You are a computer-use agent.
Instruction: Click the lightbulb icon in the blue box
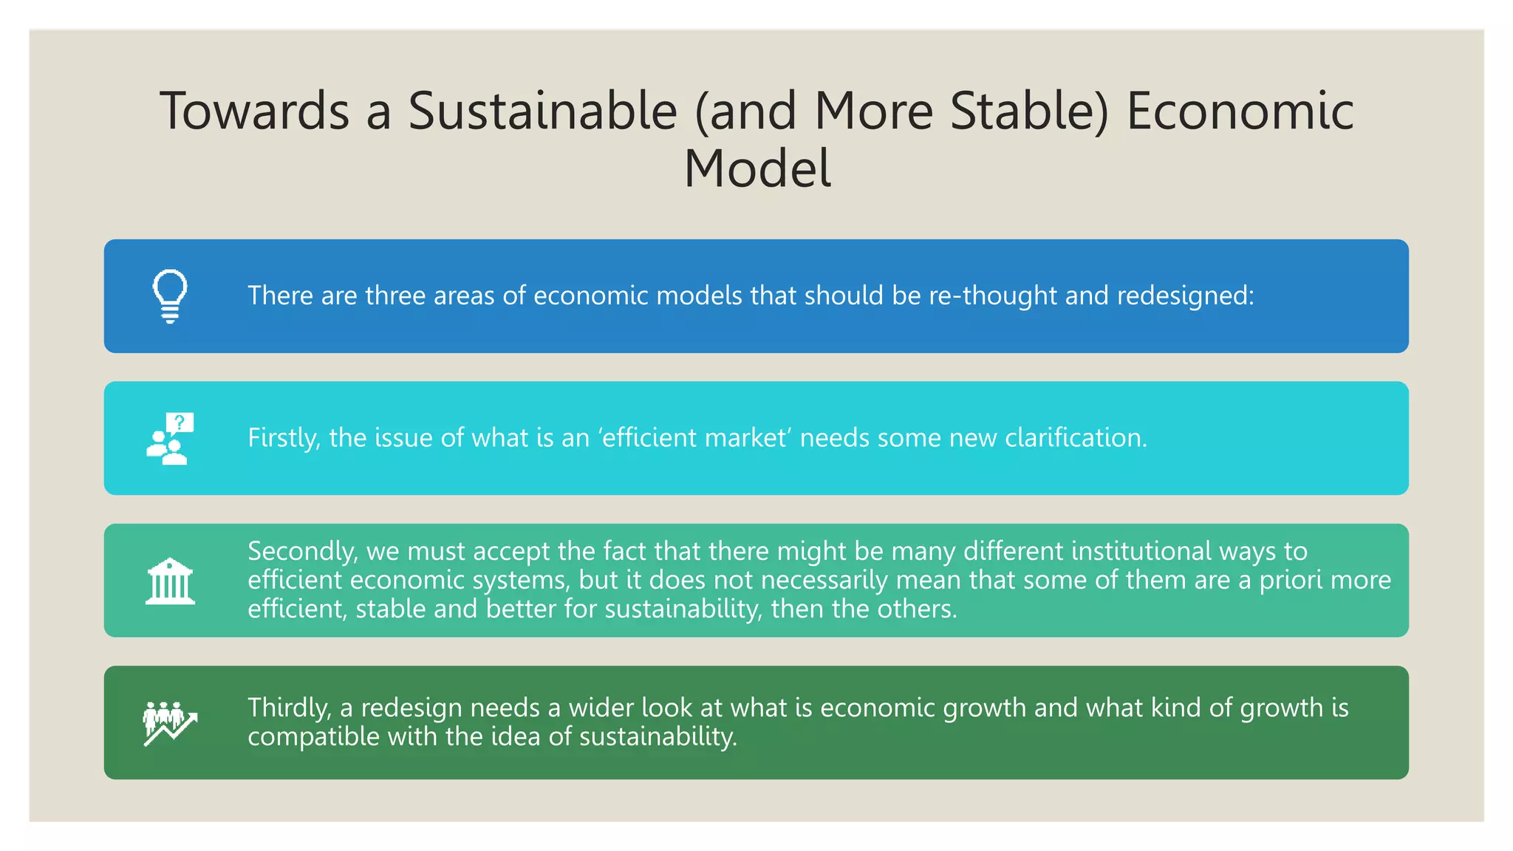[x=170, y=296]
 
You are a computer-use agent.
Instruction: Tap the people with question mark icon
[x=170, y=439]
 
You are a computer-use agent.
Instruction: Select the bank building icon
[x=170, y=581]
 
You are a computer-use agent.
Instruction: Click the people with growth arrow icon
[x=170, y=723]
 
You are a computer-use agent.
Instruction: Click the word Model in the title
[x=756, y=169]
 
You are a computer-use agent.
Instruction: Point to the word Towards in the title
[x=254, y=112]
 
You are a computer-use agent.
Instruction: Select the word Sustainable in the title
[x=542, y=112]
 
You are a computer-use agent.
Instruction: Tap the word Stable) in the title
[x=1029, y=112]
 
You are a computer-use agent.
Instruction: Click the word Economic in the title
[x=1240, y=112]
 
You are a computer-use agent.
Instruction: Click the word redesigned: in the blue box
[x=1185, y=295]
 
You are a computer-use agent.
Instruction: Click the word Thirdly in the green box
[x=289, y=708]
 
